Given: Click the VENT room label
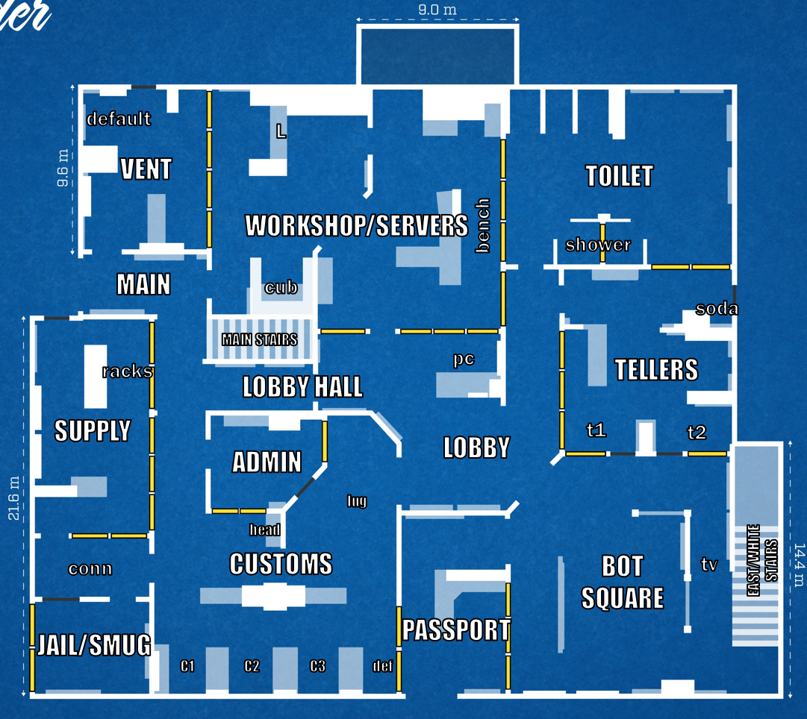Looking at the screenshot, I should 146,169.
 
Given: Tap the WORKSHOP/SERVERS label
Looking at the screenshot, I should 357,225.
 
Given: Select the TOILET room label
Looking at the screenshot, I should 619,176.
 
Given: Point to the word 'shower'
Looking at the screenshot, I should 597,245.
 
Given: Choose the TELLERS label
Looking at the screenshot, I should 656,369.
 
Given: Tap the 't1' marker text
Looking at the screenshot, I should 596,430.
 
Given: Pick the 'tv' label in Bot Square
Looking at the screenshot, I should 708,564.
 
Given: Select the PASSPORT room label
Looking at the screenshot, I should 456,630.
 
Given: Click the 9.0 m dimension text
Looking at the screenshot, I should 437,10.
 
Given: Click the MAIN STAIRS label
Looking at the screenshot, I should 259,340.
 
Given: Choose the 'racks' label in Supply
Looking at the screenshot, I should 127,371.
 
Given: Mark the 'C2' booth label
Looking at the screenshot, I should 252,666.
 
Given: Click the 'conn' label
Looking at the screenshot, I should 90,569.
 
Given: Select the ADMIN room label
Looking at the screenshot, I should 267,462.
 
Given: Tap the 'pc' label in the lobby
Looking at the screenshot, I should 463,359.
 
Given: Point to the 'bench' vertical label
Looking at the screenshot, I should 483,225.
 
